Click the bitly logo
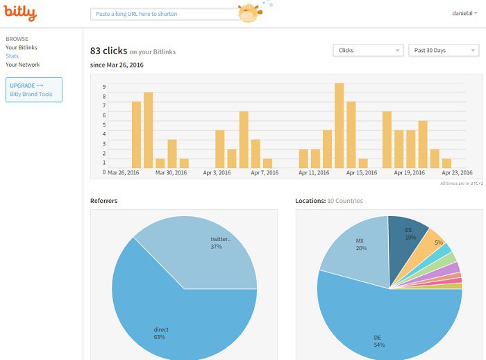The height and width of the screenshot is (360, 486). [x=21, y=13]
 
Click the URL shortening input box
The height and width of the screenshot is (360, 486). [x=163, y=14]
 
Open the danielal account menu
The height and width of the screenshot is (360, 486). [x=462, y=13]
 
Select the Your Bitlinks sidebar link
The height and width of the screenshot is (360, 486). [x=22, y=47]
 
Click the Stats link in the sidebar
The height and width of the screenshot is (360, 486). [x=12, y=56]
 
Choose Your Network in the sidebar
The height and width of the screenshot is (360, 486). [x=23, y=65]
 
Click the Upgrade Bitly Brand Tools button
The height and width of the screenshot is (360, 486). [x=34, y=90]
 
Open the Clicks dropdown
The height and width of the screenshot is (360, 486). [x=368, y=50]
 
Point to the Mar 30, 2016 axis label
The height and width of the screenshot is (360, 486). [x=171, y=172]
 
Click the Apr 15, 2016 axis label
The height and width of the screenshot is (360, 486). [x=362, y=172]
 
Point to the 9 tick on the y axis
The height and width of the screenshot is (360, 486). [x=104, y=87]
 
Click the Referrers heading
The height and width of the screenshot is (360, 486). [x=103, y=201]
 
